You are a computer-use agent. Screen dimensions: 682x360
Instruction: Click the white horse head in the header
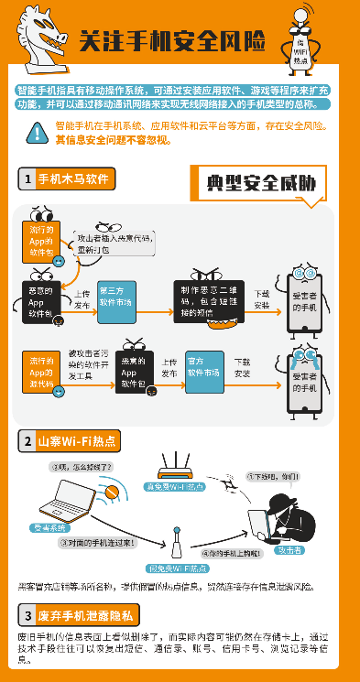[37, 34]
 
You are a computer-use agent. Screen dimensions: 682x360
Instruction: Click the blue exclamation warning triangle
[37, 133]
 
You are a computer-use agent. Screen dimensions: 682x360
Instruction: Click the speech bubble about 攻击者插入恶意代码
[115, 243]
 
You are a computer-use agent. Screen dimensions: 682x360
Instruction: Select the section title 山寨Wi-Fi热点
[76, 440]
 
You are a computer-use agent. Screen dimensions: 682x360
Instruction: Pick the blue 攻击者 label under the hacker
[290, 550]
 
